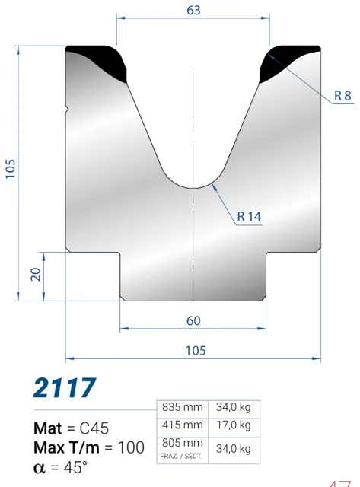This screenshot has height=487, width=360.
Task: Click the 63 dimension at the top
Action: (x=193, y=10)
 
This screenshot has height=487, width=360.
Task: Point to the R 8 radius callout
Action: (x=342, y=96)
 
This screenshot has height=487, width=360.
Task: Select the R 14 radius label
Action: (x=249, y=216)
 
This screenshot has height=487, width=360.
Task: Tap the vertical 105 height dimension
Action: (x=10, y=169)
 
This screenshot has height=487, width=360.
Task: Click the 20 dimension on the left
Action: (x=36, y=274)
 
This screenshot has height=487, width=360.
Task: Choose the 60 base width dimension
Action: (x=193, y=320)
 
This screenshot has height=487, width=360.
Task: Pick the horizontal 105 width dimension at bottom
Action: (x=196, y=350)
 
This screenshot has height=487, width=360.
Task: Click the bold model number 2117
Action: (x=65, y=387)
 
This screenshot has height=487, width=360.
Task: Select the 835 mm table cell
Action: (x=183, y=407)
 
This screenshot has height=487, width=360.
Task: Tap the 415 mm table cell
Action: (x=183, y=425)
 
